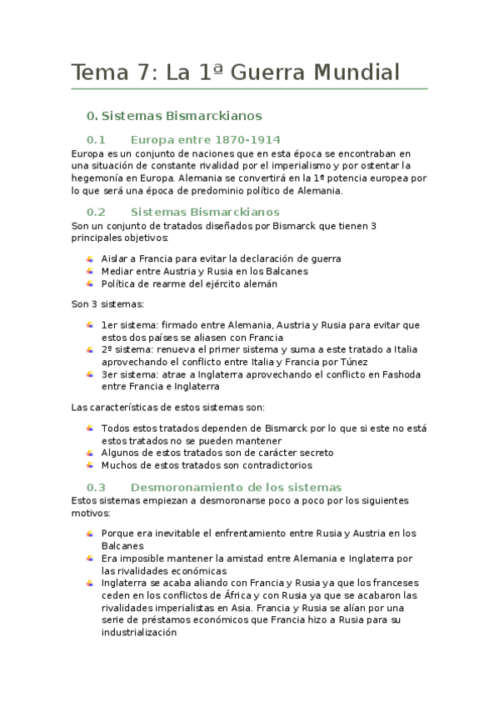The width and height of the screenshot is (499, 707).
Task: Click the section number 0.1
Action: click(96, 139)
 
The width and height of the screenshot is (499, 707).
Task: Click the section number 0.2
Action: click(96, 212)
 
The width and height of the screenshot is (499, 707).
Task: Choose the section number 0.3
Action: click(96, 487)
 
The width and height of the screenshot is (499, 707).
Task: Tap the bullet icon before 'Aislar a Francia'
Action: click(90, 258)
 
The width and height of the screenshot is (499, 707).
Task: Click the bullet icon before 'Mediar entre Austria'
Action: click(90, 271)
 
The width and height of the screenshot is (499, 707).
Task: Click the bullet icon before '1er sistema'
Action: click(90, 324)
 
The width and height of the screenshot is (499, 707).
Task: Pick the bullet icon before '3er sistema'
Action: click(90, 375)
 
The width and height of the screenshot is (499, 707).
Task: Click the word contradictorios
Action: click(276, 465)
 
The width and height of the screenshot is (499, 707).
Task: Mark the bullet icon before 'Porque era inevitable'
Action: click(90, 533)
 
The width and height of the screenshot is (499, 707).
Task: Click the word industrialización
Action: click(139, 633)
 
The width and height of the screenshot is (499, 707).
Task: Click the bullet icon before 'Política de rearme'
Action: click(90, 283)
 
